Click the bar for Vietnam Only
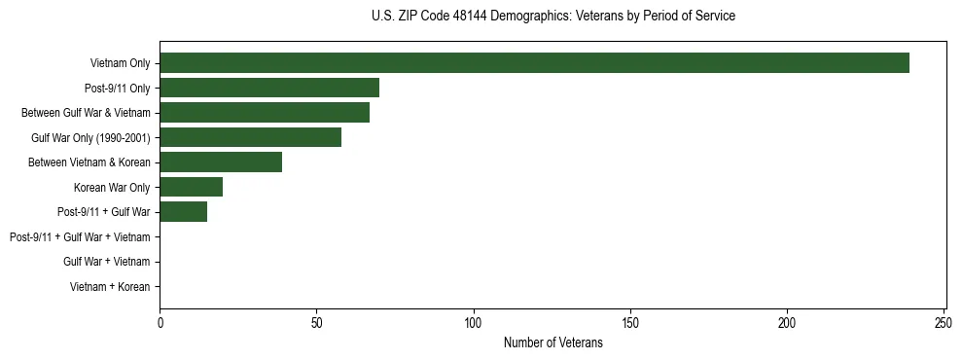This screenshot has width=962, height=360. [x=534, y=63]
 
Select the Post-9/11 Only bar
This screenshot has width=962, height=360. [x=269, y=88]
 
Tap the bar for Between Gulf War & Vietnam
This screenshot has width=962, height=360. [x=265, y=113]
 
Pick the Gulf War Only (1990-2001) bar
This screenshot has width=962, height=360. [x=251, y=137]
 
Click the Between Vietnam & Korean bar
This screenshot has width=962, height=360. [x=221, y=162]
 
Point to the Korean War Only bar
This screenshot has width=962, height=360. [x=192, y=187]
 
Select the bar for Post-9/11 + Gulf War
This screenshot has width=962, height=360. [x=184, y=212]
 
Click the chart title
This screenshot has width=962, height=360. [x=553, y=17]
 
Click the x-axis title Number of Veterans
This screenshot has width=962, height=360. [x=553, y=343]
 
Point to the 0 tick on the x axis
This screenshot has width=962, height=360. [x=160, y=322]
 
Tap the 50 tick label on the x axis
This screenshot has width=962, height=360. [x=317, y=322]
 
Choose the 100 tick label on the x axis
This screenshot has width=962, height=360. [x=474, y=322]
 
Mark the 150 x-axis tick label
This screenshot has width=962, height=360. [x=630, y=322]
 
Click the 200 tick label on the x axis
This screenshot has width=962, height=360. [x=787, y=322]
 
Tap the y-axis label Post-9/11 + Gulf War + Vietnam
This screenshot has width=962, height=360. [x=80, y=237]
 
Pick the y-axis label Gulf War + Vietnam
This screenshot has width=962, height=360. [x=106, y=262]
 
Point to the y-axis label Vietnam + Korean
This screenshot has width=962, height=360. [x=110, y=287]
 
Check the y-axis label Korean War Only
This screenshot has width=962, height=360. [x=112, y=187]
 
